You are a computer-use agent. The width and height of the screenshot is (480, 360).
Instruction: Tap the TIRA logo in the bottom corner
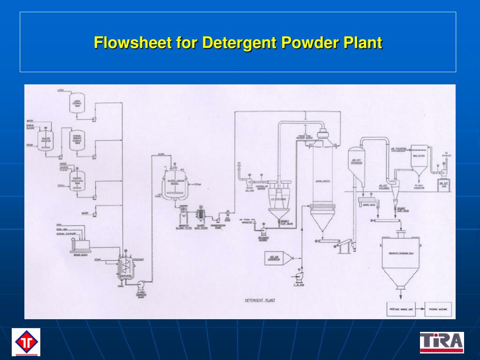tap(441, 342)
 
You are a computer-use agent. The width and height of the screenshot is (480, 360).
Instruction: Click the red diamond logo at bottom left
tap(26, 342)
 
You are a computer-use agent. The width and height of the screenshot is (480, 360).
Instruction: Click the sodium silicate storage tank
tap(77, 140)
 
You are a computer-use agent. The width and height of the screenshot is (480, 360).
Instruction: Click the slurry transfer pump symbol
tap(141, 283)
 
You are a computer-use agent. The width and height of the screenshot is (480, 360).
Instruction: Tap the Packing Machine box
tap(438, 309)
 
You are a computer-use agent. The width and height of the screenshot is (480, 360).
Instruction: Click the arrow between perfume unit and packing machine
tap(420, 309)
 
